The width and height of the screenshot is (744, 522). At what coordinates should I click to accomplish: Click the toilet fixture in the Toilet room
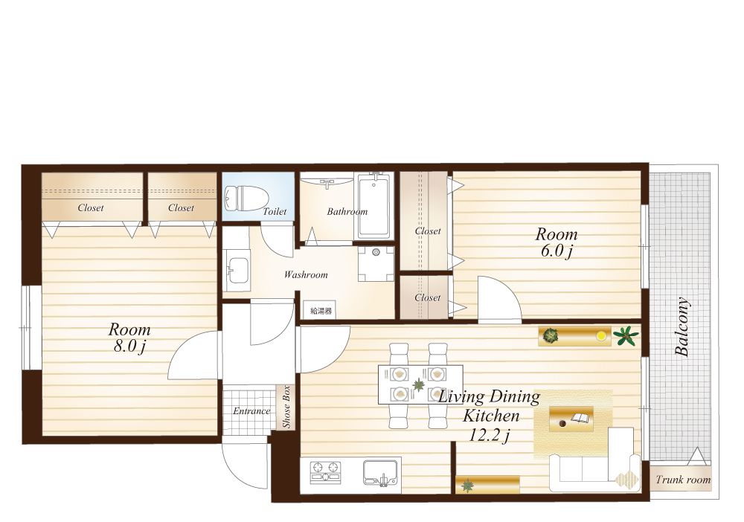[x=246, y=199]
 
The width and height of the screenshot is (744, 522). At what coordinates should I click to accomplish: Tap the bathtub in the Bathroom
[x=374, y=206]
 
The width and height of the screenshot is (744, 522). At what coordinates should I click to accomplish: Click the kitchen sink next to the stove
[x=380, y=473]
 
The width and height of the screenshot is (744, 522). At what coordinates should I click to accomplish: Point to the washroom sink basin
[x=237, y=269]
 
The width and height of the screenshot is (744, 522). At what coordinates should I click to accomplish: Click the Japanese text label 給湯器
[x=321, y=311]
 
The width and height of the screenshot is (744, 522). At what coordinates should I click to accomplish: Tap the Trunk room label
[x=683, y=480]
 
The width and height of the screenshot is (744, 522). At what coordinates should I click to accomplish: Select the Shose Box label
[x=286, y=407]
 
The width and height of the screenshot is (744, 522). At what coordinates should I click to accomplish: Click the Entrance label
[x=251, y=411]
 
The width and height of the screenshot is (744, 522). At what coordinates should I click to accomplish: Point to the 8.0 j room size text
[x=129, y=346]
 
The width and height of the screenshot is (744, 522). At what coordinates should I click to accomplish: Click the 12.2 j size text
[x=490, y=435]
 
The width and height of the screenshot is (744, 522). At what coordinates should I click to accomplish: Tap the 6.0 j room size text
[x=557, y=251]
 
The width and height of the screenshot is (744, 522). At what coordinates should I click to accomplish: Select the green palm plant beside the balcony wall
[x=626, y=335]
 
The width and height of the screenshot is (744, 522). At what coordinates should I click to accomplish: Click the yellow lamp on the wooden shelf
[x=602, y=335]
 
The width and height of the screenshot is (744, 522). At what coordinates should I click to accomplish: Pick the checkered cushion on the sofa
[x=627, y=479]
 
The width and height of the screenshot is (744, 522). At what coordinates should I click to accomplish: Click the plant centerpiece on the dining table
[x=418, y=385]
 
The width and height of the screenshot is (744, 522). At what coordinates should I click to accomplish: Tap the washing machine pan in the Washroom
[x=376, y=264]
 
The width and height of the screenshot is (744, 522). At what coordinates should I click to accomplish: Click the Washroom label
[x=306, y=274]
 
